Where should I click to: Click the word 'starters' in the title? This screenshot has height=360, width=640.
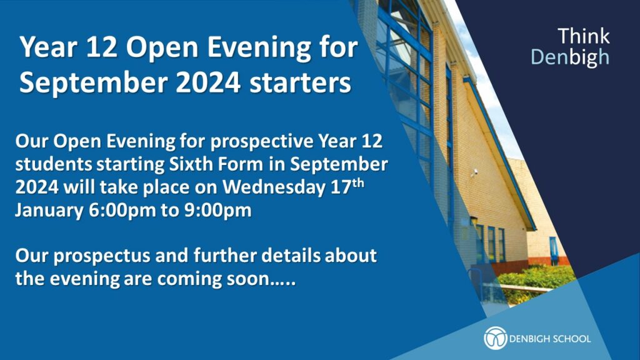coord(301,83)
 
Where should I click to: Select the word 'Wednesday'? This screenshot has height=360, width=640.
coord(273,187)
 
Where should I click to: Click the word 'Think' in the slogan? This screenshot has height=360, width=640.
coord(584,36)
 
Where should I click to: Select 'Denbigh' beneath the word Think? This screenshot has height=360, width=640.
coord(570,57)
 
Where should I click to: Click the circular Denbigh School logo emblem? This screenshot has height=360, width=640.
coord(495,338)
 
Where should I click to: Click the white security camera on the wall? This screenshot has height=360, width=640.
coord(474,172)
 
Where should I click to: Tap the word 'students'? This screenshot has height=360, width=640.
coord(54,164)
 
